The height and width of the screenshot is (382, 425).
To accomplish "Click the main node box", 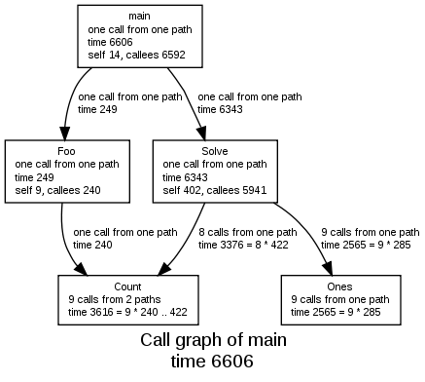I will [x=139, y=37].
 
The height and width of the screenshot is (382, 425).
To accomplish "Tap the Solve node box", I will [x=215, y=172].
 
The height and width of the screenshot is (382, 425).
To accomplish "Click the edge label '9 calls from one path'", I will [x=370, y=232].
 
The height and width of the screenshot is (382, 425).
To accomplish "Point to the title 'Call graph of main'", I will [x=213, y=342].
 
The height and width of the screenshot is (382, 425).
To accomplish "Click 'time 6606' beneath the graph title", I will [x=213, y=362].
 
